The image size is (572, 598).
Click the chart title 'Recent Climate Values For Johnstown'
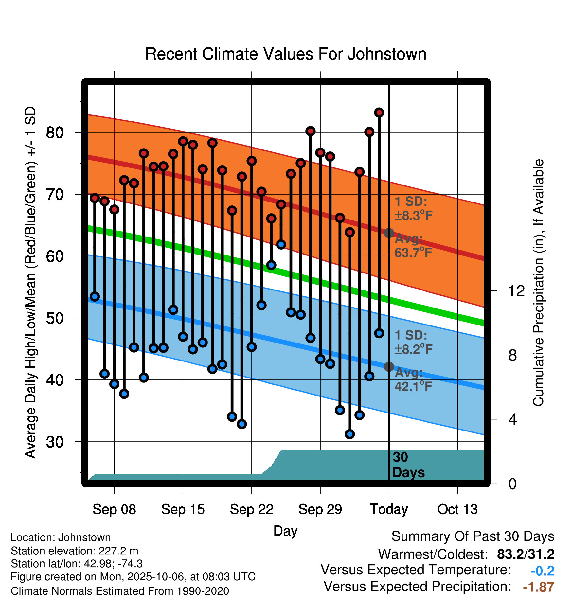(x=286, y=54)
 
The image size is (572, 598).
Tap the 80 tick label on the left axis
(x=55, y=133)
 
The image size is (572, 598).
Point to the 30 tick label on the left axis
(x=55, y=442)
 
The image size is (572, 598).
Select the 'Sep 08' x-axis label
(x=114, y=509)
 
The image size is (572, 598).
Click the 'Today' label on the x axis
(x=389, y=509)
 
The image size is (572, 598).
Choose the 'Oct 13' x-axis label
(x=457, y=509)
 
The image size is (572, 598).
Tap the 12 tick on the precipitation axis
(x=516, y=291)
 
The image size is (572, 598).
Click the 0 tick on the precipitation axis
(x=512, y=484)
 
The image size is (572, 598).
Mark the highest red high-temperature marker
(x=379, y=113)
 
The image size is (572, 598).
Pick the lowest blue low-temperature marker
(x=349, y=434)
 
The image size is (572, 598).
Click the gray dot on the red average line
(x=389, y=233)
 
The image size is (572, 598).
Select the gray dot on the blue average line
(x=389, y=367)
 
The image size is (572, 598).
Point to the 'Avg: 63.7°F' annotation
(x=413, y=245)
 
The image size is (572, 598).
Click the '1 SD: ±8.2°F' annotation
(x=413, y=342)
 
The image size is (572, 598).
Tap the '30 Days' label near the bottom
(x=408, y=465)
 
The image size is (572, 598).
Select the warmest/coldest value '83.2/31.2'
(x=526, y=554)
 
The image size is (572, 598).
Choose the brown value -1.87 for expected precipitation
(x=538, y=587)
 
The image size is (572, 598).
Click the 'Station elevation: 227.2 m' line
(x=74, y=551)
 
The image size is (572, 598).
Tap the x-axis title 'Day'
(x=285, y=531)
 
